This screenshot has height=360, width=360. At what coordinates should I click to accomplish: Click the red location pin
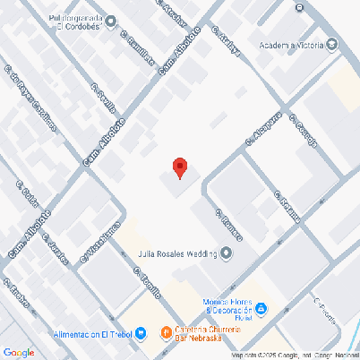[x=179, y=167]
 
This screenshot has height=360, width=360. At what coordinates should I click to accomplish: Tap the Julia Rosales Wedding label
[x=176, y=253]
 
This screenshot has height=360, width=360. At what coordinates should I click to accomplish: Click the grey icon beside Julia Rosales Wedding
[x=227, y=253]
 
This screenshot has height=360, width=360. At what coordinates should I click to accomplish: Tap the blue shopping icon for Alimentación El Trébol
[x=141, y=334]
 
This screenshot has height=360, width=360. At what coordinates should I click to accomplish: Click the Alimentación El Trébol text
[x=92, y=334]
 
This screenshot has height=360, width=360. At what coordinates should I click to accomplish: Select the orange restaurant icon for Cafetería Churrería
[x=166, y=333]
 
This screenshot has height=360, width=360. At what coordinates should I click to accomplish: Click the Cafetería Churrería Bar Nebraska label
[x=214, y=334]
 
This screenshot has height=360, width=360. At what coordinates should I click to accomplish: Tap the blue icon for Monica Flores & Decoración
[x=261, y=309]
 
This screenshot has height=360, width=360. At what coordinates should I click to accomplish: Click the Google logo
[x=19, y=352]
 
